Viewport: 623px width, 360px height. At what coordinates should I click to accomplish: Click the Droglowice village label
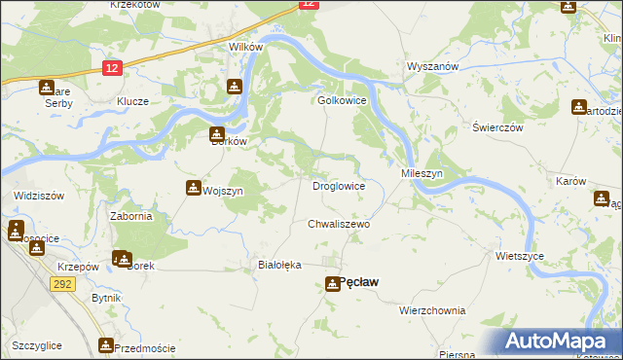click(x=338, y=186)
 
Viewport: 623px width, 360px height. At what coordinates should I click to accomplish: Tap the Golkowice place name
click(x=341, y=100)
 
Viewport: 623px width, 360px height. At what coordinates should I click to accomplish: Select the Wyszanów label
click(x=431, y=67)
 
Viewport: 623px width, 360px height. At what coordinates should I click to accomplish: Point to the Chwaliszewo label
click(x=340, y=224)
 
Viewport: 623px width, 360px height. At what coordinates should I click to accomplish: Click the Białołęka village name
click(x=280, y=265)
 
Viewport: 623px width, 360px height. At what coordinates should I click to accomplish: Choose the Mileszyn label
click(x=422, y=172)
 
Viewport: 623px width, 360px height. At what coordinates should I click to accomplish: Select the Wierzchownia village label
click(x=432, y=310)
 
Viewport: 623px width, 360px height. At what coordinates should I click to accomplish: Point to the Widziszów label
click(x=39, y=196)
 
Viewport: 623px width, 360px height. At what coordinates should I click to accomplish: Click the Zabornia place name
click(x=130, y=216)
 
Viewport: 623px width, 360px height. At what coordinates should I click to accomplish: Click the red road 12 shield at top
click(x=308, y=4)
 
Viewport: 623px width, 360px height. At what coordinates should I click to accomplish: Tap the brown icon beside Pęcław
click(x=333, y=283)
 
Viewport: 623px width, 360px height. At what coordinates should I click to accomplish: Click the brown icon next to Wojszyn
click(x=192, y=190)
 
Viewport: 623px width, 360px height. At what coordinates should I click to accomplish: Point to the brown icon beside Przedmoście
click(x=106, y=345)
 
